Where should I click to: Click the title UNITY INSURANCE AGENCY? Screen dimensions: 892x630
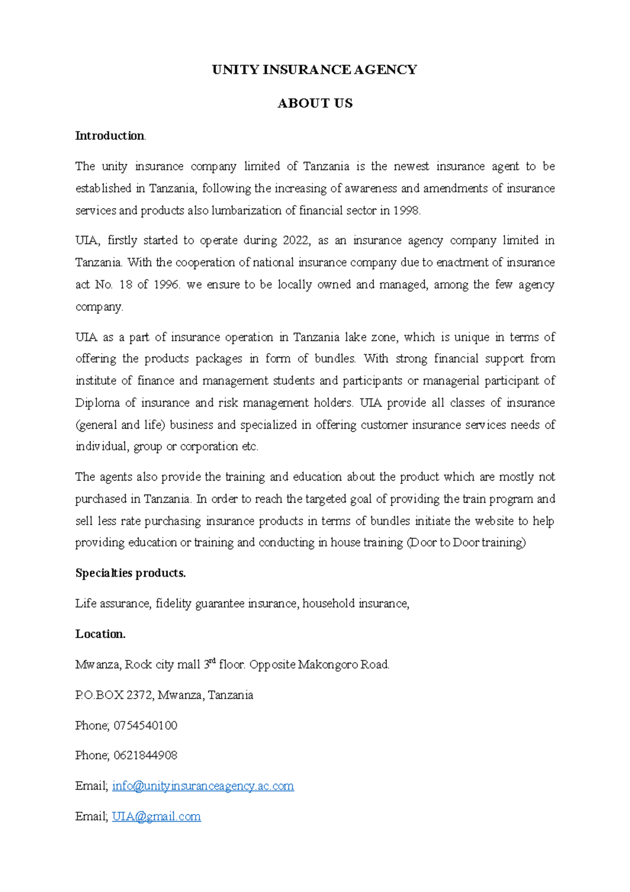(314, 70)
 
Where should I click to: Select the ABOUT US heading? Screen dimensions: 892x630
(314, 103)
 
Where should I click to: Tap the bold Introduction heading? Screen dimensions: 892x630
(110, 136)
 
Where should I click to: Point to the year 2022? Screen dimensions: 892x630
(296, 241)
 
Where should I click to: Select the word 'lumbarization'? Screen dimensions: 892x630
(246, 211)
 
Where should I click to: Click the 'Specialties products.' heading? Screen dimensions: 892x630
(130, 573)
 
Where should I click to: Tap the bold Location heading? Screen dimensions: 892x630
(100, 634)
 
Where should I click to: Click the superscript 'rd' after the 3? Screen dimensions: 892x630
(213, 661)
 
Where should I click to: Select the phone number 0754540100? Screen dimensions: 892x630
(145, 725)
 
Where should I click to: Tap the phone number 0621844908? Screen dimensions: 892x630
(145, 755)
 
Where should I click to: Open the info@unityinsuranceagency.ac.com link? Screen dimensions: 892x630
(203, 786)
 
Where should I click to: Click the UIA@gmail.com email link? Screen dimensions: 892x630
(156, 816)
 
